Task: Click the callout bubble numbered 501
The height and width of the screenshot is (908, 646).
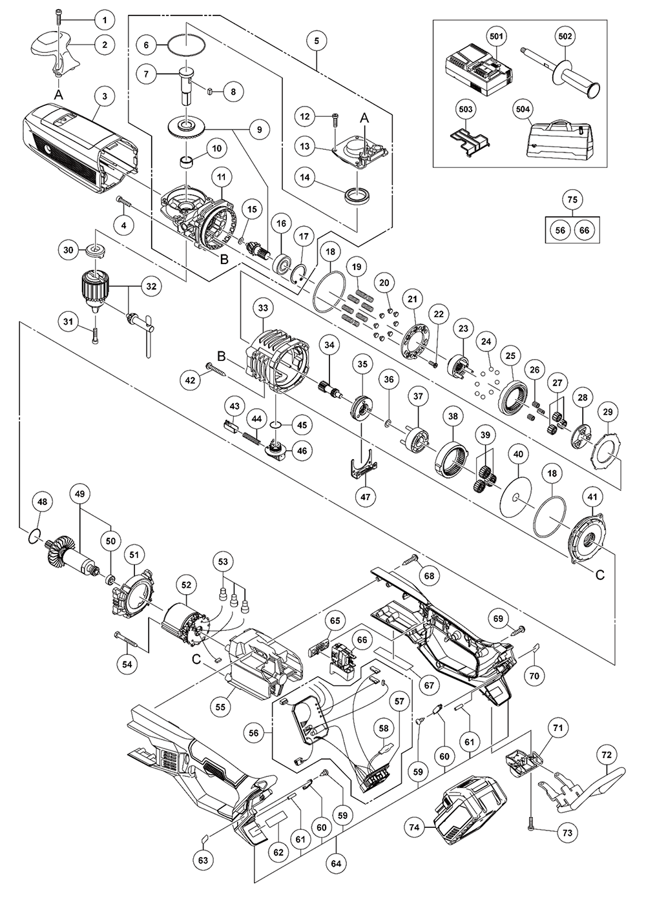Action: click(x=496, y=37)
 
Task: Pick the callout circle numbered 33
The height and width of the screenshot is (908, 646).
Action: click(x=263, y=309)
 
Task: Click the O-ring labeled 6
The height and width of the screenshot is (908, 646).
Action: click(x=185, y=46)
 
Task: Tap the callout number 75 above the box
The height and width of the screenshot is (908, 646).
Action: click(x=571, y=200)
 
